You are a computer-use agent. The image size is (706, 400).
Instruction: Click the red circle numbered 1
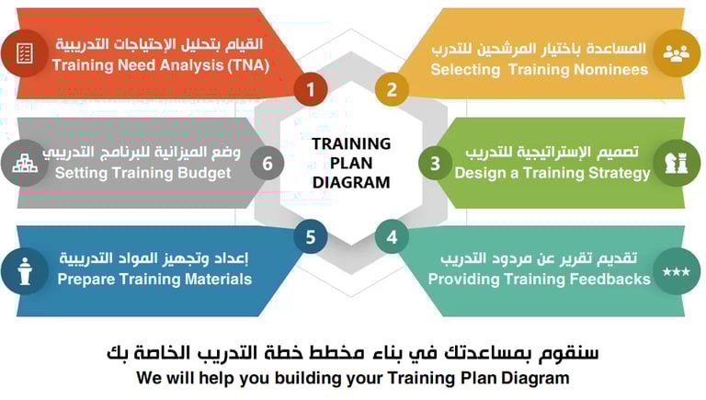pos(311,89)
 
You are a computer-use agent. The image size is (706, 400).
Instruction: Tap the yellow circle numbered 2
pos(392,89)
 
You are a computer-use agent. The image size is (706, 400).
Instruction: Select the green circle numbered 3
pos(435,163)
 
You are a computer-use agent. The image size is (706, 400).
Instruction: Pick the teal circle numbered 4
pos(392,237)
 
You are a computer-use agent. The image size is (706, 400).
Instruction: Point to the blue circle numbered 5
pos(311,237)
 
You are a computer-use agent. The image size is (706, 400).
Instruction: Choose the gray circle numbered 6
pos(268,163)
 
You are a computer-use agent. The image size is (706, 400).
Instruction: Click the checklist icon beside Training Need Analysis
pos(24,53)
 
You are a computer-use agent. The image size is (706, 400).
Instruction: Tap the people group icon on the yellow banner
pos(677,53)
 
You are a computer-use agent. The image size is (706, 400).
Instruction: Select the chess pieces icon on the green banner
pos(677,163)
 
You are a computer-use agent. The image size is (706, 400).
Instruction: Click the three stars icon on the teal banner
pos(677,271)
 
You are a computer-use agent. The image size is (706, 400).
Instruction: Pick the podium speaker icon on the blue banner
pos(25,271)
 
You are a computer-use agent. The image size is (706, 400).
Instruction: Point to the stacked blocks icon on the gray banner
pos(25,163)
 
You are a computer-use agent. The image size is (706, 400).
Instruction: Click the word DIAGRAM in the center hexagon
pos(351,182)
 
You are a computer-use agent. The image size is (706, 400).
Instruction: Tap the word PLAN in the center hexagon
pos(351,163)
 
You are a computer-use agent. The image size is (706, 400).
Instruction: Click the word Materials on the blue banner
pos(219,279)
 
